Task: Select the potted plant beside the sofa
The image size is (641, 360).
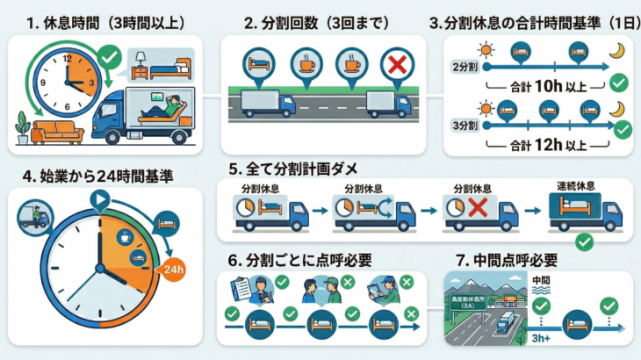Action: click(x=22, y=128)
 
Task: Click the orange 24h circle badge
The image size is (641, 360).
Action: click(x=173, y=270)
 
